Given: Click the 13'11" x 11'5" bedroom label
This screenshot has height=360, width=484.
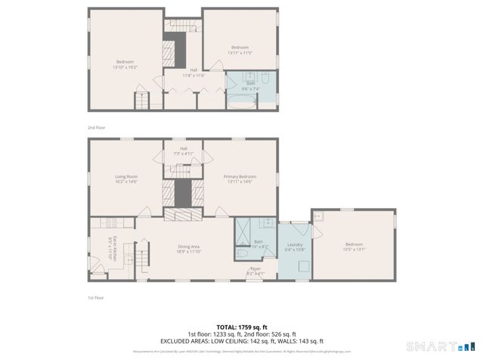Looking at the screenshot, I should (x=240, y=49).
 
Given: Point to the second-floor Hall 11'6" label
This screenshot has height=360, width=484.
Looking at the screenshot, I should (x=194, y=73).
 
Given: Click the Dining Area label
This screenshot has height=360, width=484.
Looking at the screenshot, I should (x=189, y=249).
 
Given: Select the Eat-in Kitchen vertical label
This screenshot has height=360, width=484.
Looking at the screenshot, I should (x=111, y=248).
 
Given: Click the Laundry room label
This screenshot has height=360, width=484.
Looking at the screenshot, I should (x=294, y=247).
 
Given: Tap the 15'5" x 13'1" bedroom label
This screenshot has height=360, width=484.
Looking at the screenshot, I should (x=354, y=246).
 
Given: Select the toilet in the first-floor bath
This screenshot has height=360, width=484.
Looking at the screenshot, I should (x=267, y=223).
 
